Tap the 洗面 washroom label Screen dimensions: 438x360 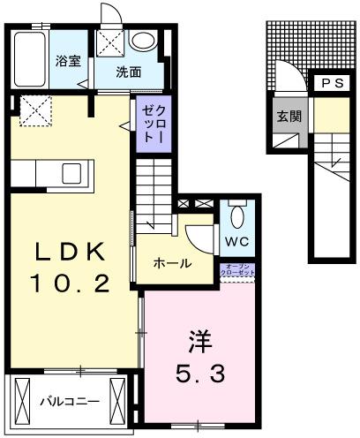pyautogui.click(x=129, y=73)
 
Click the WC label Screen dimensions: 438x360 pyautogui.click(x=236, y=241)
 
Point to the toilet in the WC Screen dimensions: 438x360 pyautogui.click(x=236, y=215)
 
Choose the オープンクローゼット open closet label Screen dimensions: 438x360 pyautogui.click(x=238, y=272)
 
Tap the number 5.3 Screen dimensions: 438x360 pyautogui.click(x=200, y=372)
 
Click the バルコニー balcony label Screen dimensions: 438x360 pyautogui.click(x=70, y=402)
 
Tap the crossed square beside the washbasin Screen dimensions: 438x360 pyautogui.click(x=110, y=41)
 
